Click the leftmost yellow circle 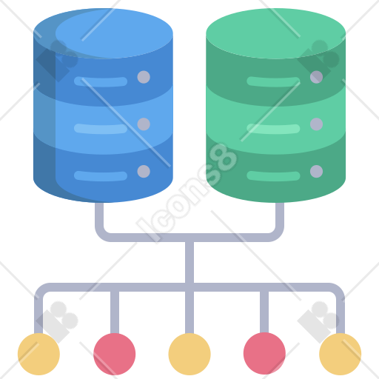(x=38, y=354)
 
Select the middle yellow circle (x=189, y=354)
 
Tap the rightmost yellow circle (x=341, y=354)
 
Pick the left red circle (x=115, y=354)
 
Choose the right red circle (x=264, y=353)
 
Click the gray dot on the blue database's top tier (x=144, y=77)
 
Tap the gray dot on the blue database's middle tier (x=144, y=124)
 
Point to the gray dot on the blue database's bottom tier (x=144, y=171)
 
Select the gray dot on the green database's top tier (x=316, y=77)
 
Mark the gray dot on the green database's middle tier (x=316, y=124)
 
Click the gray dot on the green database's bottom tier (x=316, y=171)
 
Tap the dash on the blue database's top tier (x=101, y=81)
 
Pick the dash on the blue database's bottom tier (x=101, y=176)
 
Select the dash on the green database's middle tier (x=273, y=129)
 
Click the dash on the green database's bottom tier (x=273, y=176)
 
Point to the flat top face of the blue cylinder (x=103, y=33)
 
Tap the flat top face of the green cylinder (x=276, y=33)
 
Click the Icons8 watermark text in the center (x=187, y=193)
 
